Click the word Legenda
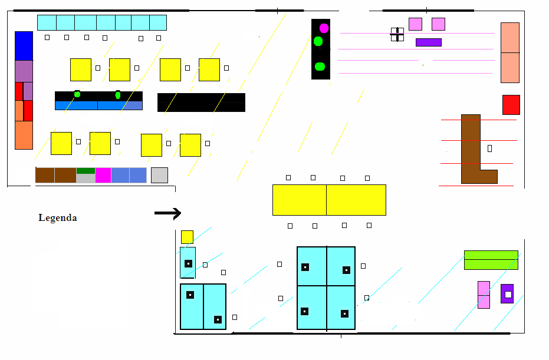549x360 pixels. coord(57,218)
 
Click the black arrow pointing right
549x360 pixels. coord(167,213)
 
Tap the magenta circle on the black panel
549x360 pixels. coord(324,28)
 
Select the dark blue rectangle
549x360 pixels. coord(24,45)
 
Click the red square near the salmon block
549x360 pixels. coord(511,105)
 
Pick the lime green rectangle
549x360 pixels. coord(491,260)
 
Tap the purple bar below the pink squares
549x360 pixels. coord(428,42)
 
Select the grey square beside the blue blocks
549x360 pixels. coord(159,175)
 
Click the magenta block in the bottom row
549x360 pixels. coord(103,175)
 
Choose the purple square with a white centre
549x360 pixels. coord(507,293)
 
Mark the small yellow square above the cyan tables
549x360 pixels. coord(187,237)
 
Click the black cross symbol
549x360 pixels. coord(397,34)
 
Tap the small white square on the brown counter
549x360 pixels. coord(489,148)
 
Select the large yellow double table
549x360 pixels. coord(329,200)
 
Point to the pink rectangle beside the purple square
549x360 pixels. coord(484,295)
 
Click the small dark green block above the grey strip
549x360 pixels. coord(86,171)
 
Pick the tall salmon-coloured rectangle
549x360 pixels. coord(510,52)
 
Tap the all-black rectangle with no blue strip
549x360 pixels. coord(201,103)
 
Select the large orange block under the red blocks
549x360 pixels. coord(24,136)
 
